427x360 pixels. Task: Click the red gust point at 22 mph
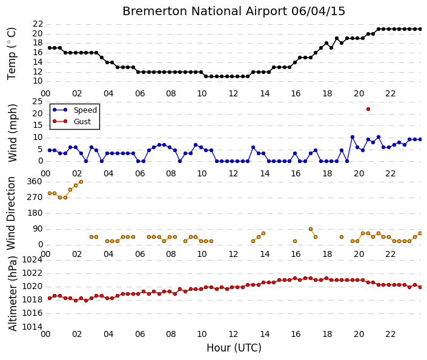coord(368,109)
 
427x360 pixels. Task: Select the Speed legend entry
coord(74,110)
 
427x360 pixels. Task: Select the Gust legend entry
coord(71,121)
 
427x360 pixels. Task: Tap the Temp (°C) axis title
coord(12,54)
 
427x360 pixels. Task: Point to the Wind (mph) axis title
coord(12,133)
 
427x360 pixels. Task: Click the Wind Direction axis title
coord(11,213)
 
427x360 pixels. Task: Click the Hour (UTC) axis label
coord(234,348)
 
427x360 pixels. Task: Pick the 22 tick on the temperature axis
coord(38,24)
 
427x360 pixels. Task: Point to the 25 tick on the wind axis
coord(38,102)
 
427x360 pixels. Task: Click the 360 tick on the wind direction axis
coord(35,181)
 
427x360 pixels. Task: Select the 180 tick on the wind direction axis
coord(35,213)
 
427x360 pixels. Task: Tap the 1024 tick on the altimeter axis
coord(33,260)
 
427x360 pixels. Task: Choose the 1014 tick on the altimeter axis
coord(33,327)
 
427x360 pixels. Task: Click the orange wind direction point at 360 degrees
coord(81,182)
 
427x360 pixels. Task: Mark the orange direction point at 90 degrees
coord(311,229)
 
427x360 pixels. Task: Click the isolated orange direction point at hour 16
coord(294,241)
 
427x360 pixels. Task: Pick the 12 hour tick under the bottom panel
coord(233,334)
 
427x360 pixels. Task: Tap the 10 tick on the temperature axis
coord(38,81)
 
